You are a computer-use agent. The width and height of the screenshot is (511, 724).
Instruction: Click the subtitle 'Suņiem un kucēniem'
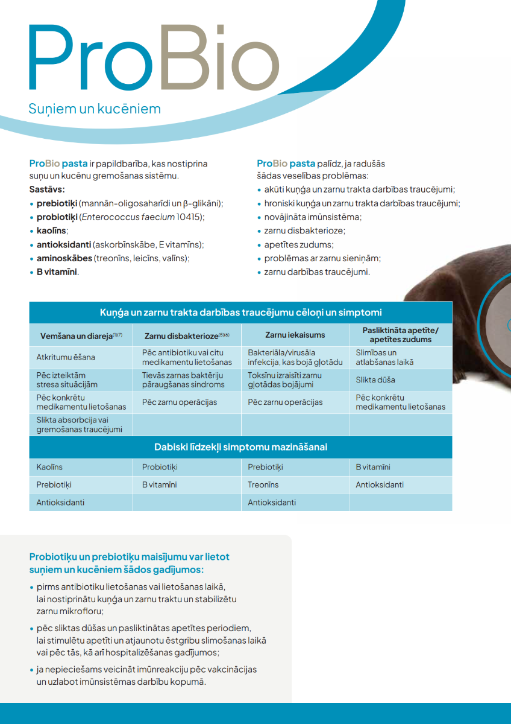click(x=95, y=109)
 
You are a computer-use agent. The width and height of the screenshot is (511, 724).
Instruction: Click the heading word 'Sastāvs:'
click(x=47, y=189)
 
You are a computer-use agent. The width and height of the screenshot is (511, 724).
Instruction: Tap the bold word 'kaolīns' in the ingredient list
click(x=52, y=230)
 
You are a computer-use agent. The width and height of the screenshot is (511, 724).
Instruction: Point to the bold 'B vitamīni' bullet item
click(x=57, y=272)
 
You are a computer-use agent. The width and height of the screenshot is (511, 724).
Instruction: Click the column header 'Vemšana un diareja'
click(x=78, y=335)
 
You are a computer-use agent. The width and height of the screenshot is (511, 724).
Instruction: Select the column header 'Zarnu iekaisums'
click(x=295, y=335)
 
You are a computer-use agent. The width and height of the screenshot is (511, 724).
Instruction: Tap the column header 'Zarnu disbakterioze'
click(x=183, y=335)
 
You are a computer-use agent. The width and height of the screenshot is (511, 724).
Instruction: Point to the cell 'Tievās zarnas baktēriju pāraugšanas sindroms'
click(x=183, y=380)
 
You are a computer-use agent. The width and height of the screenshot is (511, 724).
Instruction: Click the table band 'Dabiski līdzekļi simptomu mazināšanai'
click(x=240, y=447)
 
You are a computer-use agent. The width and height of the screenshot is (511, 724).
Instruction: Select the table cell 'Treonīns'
click(x=263, y=484)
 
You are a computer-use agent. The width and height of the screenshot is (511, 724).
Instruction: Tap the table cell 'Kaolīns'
click(x=49, y=467)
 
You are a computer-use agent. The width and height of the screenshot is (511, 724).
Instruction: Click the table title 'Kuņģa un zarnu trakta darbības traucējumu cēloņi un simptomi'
click(x=240, y=313)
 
